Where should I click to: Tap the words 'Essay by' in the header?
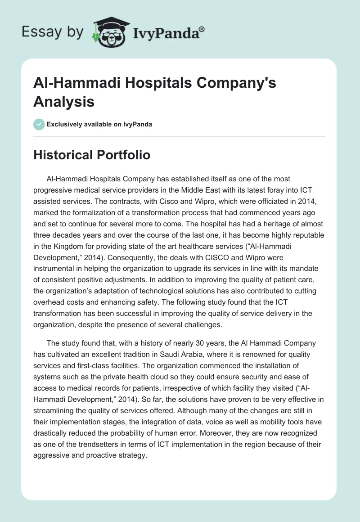tap(53, 32)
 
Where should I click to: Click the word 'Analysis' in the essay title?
tap(64, 102)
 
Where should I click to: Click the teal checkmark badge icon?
tap(39, 124)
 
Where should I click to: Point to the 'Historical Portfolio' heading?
tap(92, 155)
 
